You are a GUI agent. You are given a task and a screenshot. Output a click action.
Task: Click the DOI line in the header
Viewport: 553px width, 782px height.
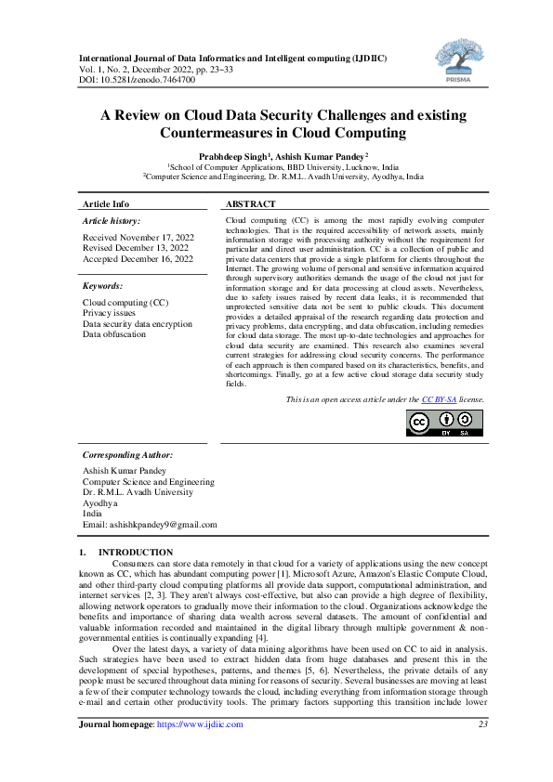click(137, 80)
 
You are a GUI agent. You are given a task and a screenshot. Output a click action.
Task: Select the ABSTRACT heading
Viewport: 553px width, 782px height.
click(250, 203)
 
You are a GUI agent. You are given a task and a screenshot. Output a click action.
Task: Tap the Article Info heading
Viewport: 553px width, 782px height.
click(106, 203)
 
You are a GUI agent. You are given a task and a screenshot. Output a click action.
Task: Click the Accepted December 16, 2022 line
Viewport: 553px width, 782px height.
click(138, 258)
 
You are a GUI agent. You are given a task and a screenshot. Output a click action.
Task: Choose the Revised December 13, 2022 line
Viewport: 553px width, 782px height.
click(136, 248)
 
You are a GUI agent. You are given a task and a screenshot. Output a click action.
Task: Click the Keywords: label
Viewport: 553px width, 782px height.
click(102, 286)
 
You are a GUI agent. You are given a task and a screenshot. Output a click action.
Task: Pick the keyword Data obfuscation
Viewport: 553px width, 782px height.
click(114, 333)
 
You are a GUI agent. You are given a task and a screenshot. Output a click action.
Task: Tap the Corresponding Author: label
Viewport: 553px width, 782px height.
click(128, 455)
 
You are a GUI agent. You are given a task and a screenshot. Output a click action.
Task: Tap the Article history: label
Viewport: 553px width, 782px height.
click(112, 221)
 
